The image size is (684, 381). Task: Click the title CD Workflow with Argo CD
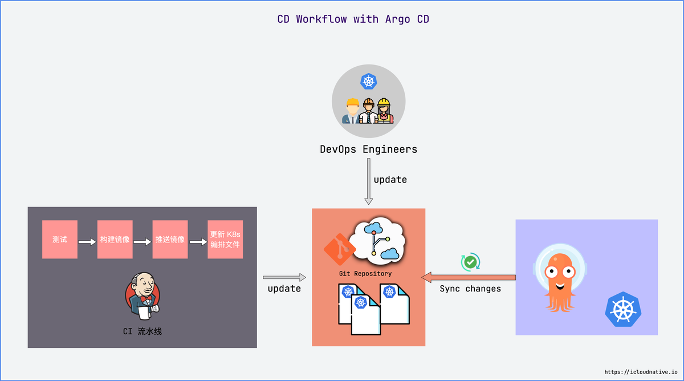point(353,19)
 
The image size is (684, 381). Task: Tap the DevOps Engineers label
point(368,149)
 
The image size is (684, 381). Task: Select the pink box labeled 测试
point(60,239)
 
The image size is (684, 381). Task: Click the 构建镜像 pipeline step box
point(115,239)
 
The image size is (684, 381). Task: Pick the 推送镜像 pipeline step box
point(170,239)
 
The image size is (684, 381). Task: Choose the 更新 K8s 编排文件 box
point(225,239)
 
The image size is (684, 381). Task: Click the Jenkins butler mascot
point(142,296)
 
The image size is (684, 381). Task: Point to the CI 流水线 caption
point(142,331)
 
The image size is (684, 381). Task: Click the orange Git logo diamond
point(340,249)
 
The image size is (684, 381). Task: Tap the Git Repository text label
point(365,273)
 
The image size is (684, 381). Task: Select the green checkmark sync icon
point(470,262)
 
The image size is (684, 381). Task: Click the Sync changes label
point(470,289)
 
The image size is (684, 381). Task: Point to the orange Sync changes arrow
point(469,277)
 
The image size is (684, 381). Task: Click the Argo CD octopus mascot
point(560,277)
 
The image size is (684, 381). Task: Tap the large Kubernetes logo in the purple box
point(623,309)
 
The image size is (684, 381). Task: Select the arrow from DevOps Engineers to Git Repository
point(369,181)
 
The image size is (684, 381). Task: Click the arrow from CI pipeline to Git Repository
point(284,277)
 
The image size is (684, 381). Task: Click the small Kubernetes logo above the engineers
point(369,81)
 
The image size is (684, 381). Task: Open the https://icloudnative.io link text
point(641,372)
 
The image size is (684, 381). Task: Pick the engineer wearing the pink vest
point(384,111)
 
